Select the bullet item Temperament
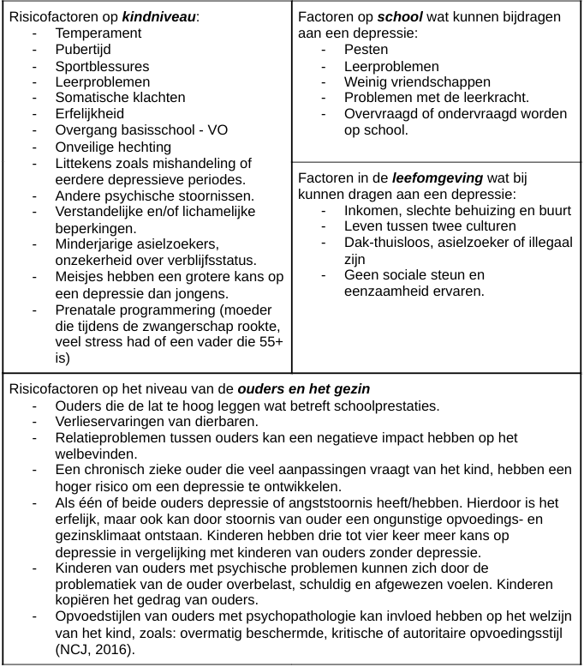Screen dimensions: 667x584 (x=98, y=33)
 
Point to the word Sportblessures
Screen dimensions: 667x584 (x=102, y=66)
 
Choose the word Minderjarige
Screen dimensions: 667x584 (x=96, y=244)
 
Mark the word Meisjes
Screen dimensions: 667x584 (x=81, y=277)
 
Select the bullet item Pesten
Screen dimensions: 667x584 (x=366, y=50)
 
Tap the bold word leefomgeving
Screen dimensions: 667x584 (x=437, y=178)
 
